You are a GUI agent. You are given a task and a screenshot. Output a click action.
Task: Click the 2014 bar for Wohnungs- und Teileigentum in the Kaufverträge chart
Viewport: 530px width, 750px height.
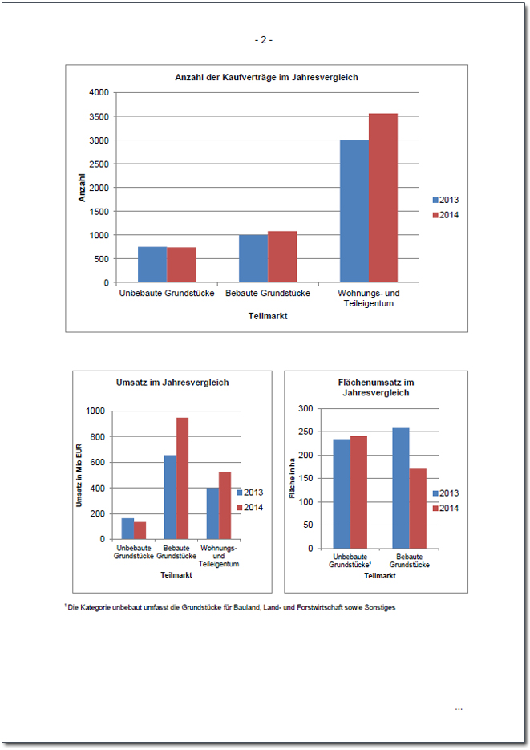click(x=383, y=198)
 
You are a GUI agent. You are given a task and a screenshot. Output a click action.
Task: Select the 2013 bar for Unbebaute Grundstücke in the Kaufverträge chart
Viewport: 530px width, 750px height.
click(x=152, y=265)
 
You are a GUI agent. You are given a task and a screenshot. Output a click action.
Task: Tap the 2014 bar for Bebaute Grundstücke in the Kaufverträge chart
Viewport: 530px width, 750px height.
click(x=282, y=257)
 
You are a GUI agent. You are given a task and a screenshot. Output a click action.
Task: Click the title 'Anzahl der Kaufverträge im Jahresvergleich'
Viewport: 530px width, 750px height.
click(x=266, y=78)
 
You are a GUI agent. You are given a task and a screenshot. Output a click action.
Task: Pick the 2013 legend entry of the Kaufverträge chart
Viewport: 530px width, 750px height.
click(x=445, y=200)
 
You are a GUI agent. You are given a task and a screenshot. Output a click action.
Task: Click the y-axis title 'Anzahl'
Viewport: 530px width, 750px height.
click(x=82, y=189)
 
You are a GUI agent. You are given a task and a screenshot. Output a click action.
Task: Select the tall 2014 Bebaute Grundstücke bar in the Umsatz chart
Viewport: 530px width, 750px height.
click(x=182, y=478)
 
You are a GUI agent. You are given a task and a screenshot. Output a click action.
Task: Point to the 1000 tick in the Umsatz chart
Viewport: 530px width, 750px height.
click(x=95, y=411)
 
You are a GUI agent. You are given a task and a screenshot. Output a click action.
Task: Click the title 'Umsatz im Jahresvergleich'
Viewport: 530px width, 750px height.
click(x=172, y=383)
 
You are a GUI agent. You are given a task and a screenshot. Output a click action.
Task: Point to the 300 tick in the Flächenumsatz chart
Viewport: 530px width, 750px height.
click(x=304, y=408)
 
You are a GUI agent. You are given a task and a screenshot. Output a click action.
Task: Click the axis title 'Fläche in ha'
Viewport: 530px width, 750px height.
click(x=293, y=480)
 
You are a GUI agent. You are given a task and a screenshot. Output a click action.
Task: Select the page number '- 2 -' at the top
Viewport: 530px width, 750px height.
click(x=264, y=39)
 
